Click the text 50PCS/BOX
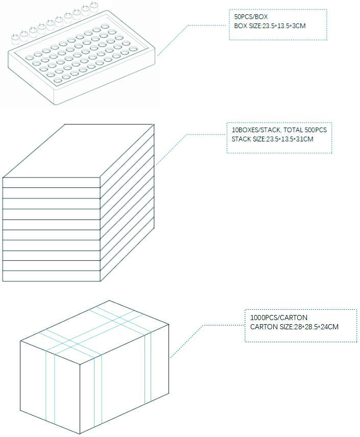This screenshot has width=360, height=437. pos(251,17)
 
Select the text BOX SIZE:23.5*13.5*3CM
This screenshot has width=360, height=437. pos(270,26)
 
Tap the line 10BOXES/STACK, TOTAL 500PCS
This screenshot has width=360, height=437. pos(279,130)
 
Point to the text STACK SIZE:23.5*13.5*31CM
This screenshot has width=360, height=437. pos(273,139)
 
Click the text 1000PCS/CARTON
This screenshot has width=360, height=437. pos(279,318)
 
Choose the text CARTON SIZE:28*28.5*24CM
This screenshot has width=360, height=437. pos(294,327)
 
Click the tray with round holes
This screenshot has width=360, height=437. pos(81,58)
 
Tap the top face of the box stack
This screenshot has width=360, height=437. pos(78,151)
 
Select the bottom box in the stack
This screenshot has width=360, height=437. pos(51,276)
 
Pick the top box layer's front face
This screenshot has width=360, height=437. pos(51,183)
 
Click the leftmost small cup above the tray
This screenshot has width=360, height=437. pos(15,38)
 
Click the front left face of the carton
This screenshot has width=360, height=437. pos(50,387)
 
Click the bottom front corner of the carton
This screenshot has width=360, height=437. pos(80,434)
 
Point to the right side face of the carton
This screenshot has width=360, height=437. pos(125,379)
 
